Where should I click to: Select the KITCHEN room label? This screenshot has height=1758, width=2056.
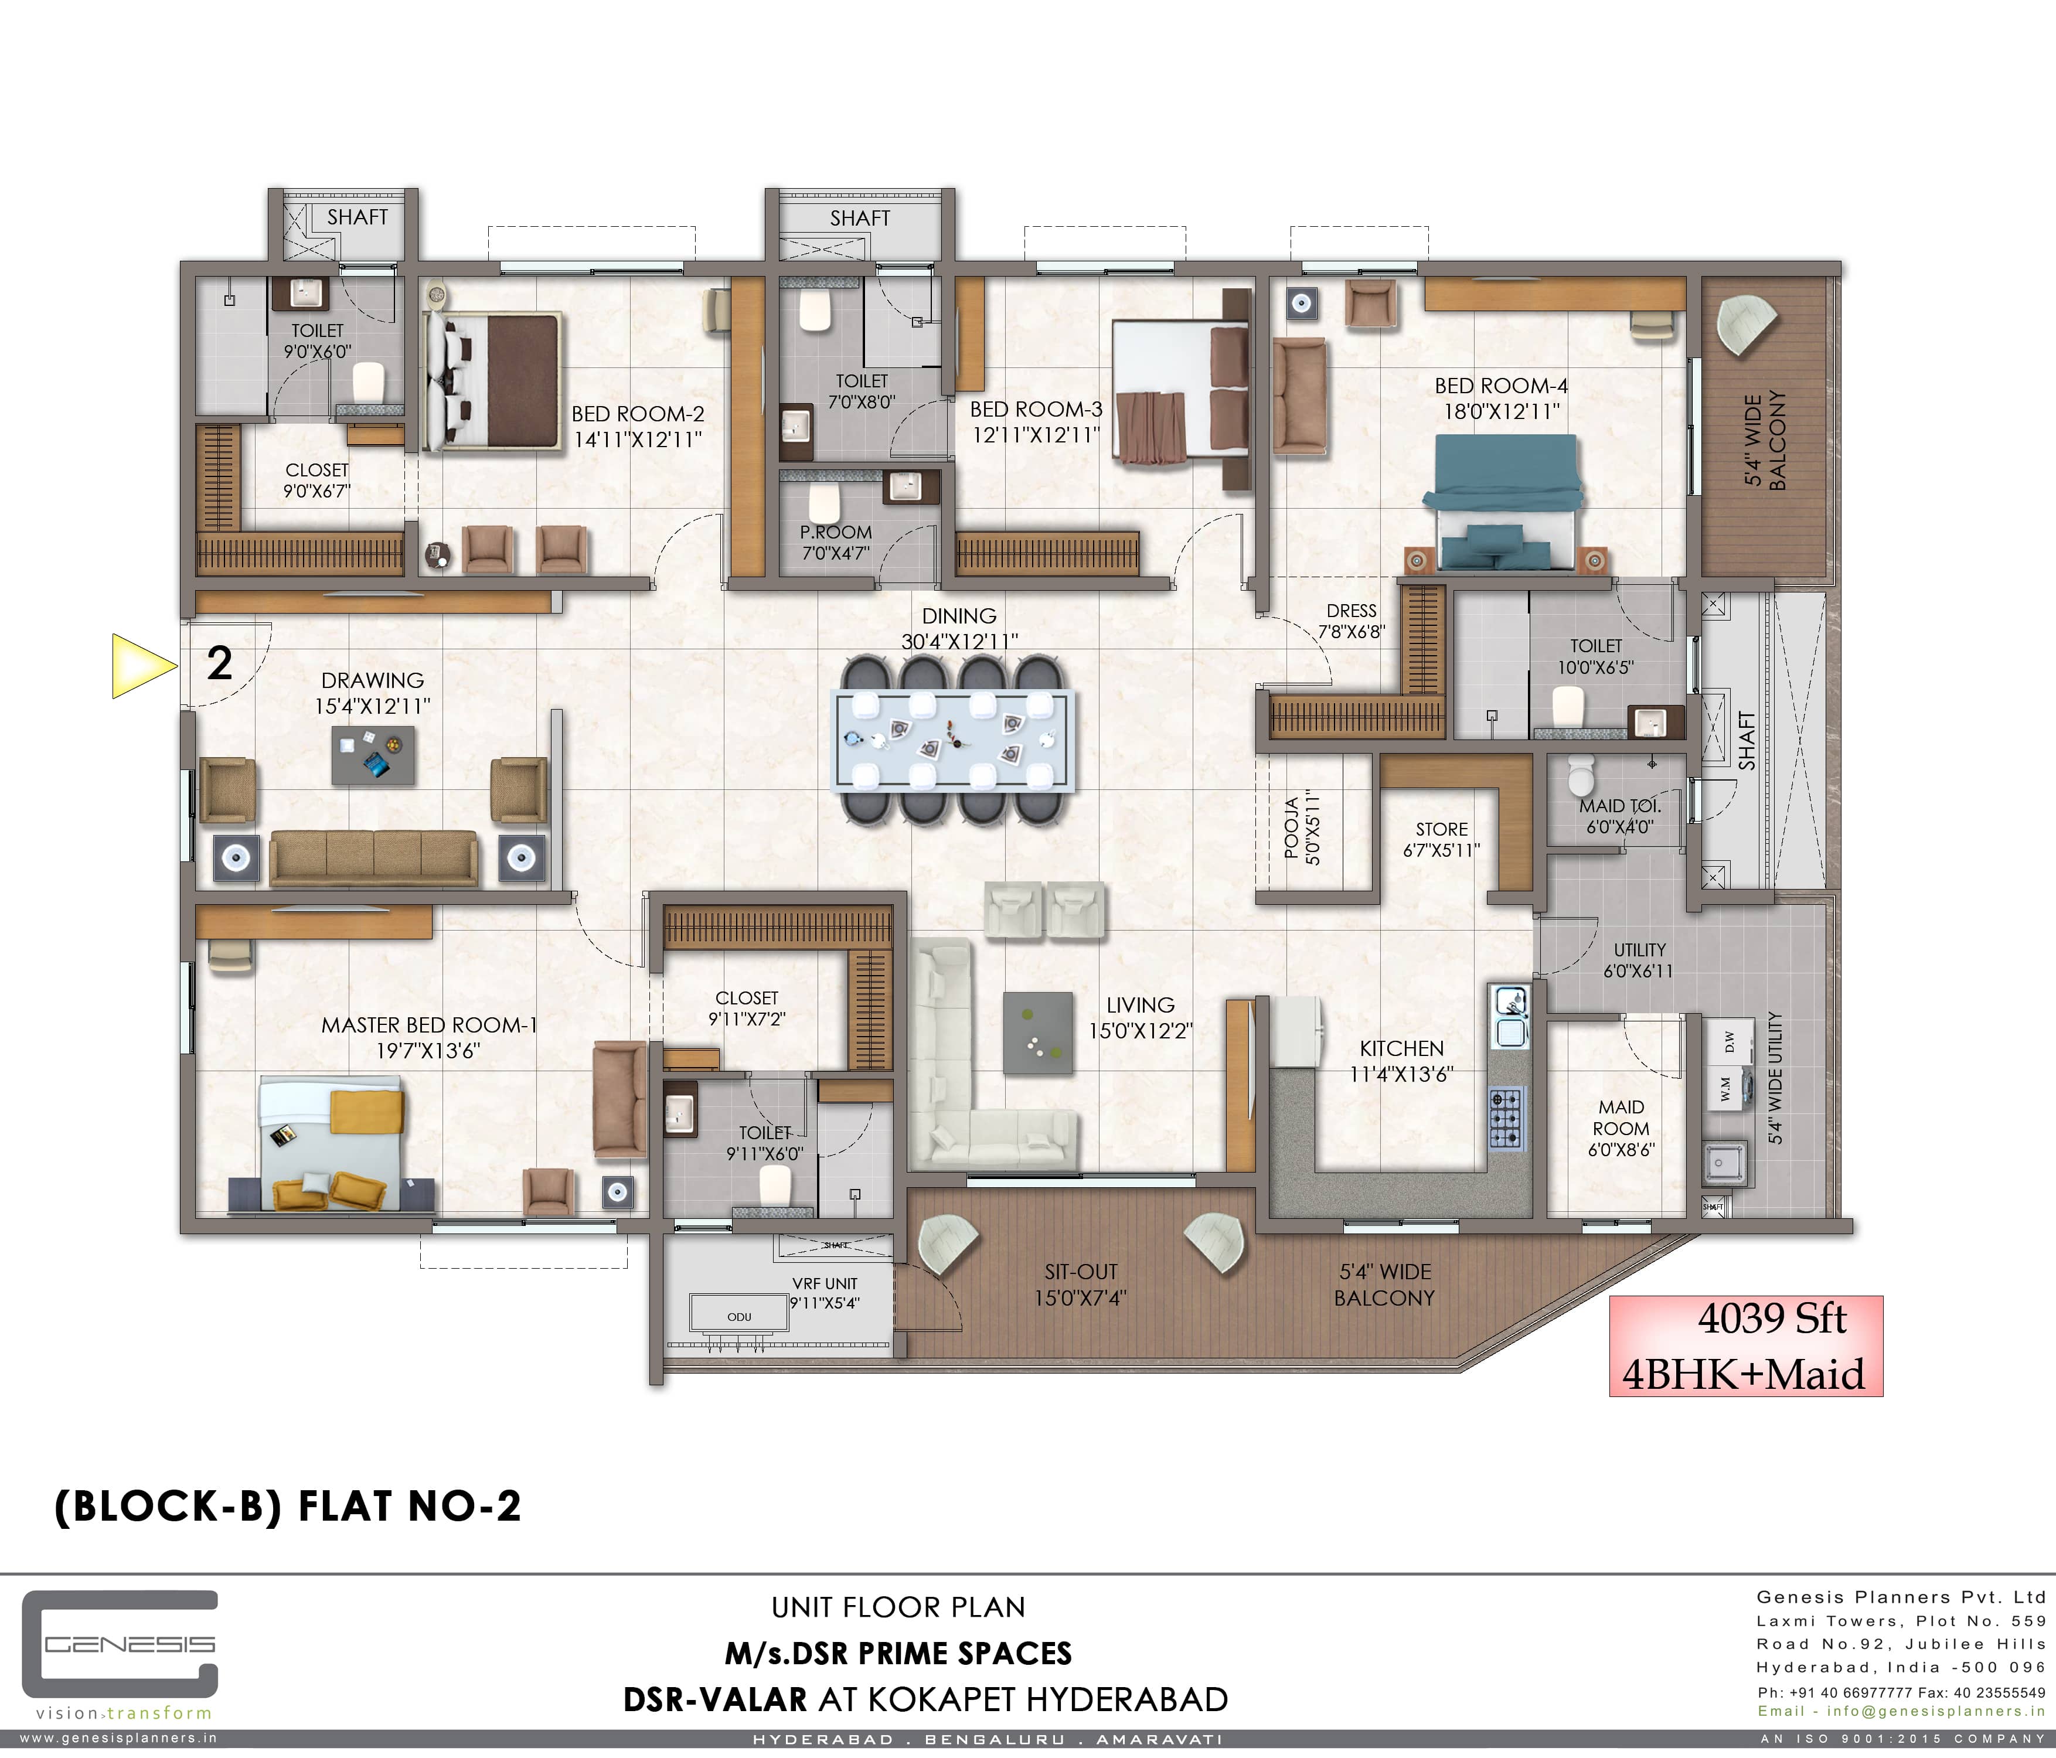(x=1401, y=1049)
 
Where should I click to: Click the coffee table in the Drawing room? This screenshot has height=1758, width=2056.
(x=373, y=755)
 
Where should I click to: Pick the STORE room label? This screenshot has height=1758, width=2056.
(x=1442, y=829)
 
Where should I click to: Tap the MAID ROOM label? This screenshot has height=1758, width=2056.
(x=1621, y=1117)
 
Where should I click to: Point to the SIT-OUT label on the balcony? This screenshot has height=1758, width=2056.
(x=1081, y=1272)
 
